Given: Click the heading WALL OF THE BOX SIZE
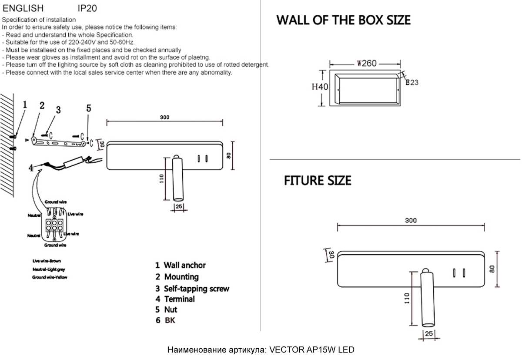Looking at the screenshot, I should (343, 20).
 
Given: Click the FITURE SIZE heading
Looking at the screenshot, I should (318, 181).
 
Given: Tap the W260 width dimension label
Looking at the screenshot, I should (366, 64).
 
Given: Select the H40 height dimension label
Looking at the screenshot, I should (320, 87).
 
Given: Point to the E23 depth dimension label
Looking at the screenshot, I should (412, 82).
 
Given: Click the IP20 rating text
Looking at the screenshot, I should (87, 8).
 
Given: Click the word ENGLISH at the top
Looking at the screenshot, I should (23, 8).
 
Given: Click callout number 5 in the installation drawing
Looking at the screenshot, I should (88, 109).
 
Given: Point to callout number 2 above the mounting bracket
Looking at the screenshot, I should (42, 106).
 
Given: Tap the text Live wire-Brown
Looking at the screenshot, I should (47, 261).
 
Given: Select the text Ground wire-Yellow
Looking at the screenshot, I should (49, 277).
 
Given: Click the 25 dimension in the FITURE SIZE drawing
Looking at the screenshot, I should (429, 333).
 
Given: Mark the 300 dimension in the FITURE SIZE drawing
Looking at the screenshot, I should (411, 221).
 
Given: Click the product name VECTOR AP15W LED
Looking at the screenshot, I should (312, 350).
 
